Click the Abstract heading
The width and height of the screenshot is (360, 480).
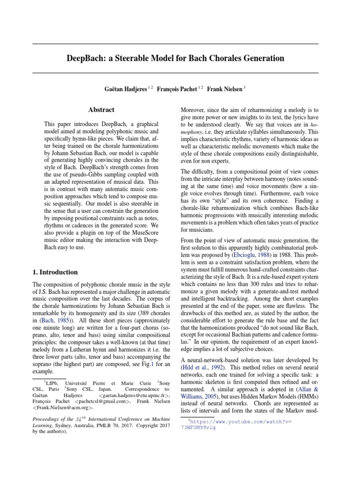[101, 110]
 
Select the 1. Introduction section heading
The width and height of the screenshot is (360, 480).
[55, 272]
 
